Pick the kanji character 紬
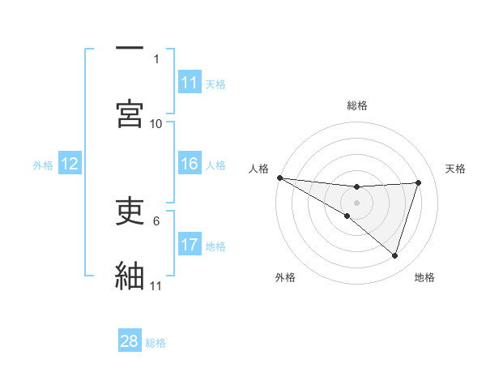pyautogui.click(x=130, y=274)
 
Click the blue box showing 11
pyautogui.click(x=190, y=83)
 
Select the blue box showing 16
pyautogui.click(x=190, y=164)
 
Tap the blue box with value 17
pyautogui.click(x=190, y=245)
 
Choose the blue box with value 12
pyautogui.click(x=70, y=164)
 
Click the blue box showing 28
pyautogui.click(x=130, y=341)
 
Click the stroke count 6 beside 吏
pyautogui.click(x=156, y=220)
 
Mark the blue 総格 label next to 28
pyautogui.click(x=156, y=343)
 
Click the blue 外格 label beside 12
pyautogui.click(x=43, y=165)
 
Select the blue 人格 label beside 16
pyautogui.click(x=215, y=165)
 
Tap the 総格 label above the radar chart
pyautogui.click(x=357, y=105)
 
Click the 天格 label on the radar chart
pyautogui.click(x=456, y=169)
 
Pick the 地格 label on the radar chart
pyautogui.click(x=424, y=277)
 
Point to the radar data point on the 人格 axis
pyautogui.click(x=279, y=178)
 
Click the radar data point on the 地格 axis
pyautogui.click(x=395, y=255)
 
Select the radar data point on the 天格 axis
pyautogui.click(x=419, y=182)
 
